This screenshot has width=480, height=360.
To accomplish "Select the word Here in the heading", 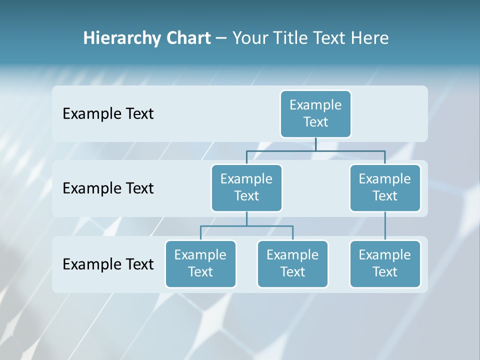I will (370, 38).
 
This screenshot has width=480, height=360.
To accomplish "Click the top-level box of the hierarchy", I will (315, 113).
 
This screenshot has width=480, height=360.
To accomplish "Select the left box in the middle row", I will (246, 187).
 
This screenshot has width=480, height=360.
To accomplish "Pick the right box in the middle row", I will (385, 187).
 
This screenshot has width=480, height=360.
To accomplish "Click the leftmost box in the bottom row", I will (200, 263).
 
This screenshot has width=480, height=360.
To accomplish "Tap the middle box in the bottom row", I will (292, 263).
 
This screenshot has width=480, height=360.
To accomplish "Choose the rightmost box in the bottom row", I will (385, 263).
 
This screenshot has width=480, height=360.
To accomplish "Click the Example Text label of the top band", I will (108, 113).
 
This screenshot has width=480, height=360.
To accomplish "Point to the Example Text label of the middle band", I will (108, 188).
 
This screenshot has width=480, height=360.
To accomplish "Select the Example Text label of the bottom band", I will (108, 264).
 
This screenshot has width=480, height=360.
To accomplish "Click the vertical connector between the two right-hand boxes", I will (385, 226).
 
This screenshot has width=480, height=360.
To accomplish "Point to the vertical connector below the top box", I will (315, 144).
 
